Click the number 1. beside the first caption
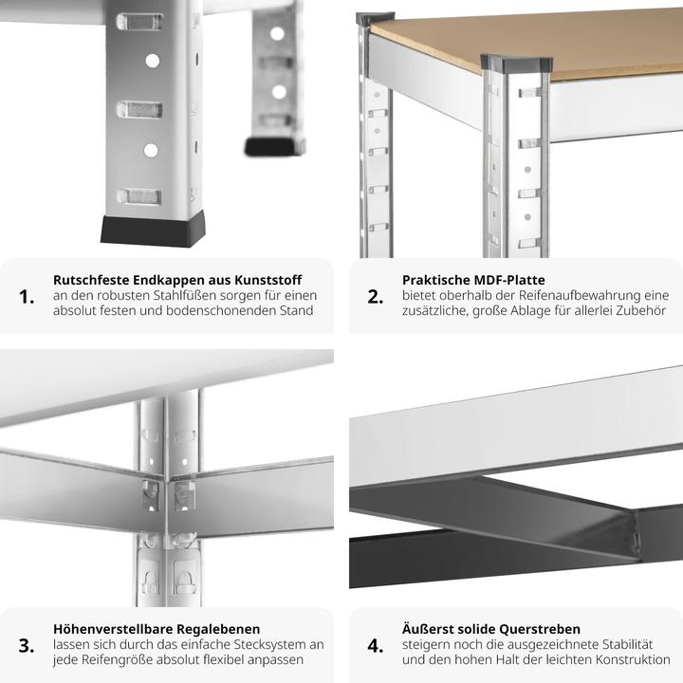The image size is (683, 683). tap(27, 297)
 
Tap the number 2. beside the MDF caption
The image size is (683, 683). tap(376, 297)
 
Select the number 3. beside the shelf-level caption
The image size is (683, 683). tap(27, 646)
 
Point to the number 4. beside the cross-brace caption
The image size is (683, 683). tap(376, 646)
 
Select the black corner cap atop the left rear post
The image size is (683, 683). tap(374, 18)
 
